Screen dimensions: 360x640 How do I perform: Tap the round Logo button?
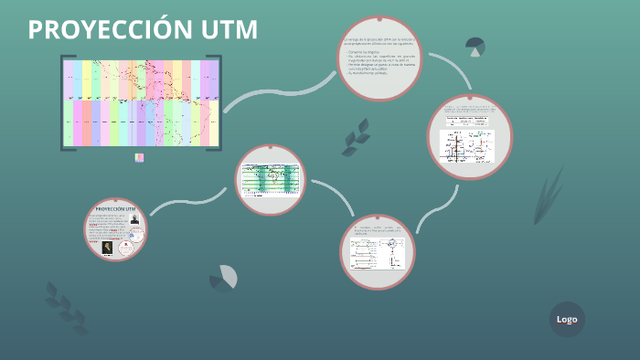tap(567, 319)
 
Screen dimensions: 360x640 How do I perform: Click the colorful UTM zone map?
tap(141, 102)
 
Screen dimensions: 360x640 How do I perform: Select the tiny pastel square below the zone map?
tap(139, 157)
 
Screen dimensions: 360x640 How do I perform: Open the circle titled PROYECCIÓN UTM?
tap(116, 229)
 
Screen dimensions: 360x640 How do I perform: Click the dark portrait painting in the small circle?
tap(107, 247)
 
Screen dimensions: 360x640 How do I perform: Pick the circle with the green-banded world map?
tap(271, 179)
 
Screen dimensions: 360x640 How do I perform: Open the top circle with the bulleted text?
tap(379, 58)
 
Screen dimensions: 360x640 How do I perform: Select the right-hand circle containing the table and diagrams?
tap(470, 136)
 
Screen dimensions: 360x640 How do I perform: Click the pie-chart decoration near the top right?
tap(475, 46)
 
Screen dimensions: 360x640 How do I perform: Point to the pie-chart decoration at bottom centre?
tap(224, 279)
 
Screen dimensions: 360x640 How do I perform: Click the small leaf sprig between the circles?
tap(356, 137)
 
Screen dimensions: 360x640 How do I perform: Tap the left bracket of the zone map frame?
tap(63, 102)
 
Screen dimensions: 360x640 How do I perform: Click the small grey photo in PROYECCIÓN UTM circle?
tap(135, 220)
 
